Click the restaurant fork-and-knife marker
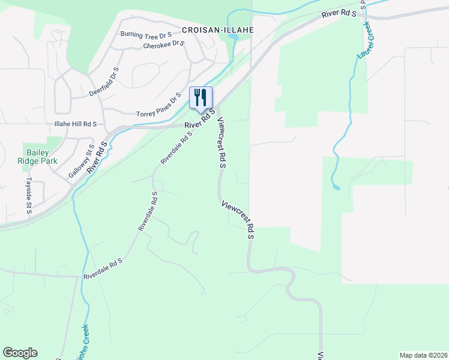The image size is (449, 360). (201, 97)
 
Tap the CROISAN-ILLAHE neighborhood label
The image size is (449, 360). (218, 29)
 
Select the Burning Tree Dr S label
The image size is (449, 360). (146, 35)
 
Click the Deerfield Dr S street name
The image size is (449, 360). (104, 82)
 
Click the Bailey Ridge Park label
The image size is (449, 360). (42, 157)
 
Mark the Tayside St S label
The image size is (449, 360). (29, 194)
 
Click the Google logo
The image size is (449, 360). (20, 353)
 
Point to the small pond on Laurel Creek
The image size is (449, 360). (336, 187)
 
